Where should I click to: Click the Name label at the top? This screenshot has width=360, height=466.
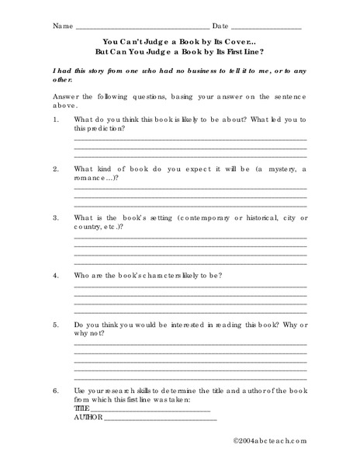pyautogui.click(x=62, y=26)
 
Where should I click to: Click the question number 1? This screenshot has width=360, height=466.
pyautogui.click(x=56, y=120)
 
